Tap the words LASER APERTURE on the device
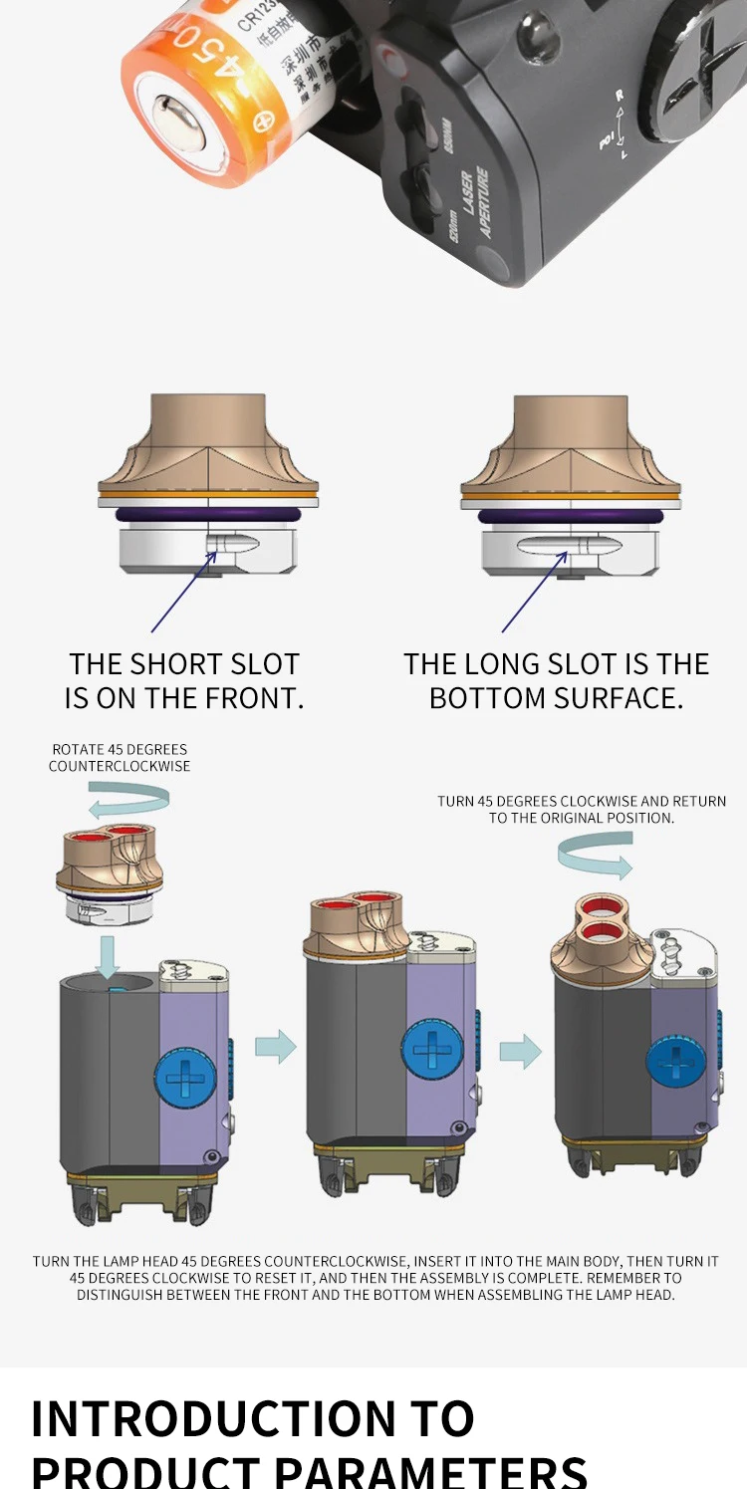coord(471,203)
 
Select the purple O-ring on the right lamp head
coord(570,516)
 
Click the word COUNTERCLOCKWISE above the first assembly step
coord(120,766)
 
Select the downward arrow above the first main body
coord(110,957)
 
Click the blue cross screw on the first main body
coord(184,1079)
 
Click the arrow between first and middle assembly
coord(276,1046)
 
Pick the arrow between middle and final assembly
coord(520,1051)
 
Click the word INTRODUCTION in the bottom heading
coord(210,1419)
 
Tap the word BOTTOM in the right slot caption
coord(488,698)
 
